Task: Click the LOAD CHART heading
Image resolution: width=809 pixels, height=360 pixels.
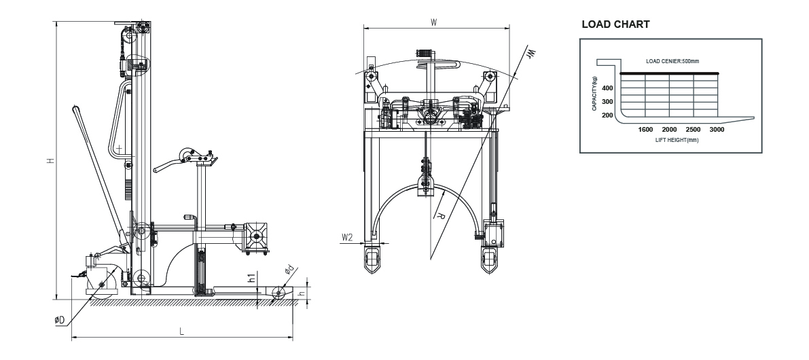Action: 615,24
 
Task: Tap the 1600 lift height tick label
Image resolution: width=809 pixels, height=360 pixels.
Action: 645,130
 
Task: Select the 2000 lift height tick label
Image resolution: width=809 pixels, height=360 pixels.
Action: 669,130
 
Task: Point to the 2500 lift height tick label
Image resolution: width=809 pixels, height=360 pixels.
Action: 693,130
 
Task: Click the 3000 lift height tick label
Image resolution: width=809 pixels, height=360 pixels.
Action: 717,130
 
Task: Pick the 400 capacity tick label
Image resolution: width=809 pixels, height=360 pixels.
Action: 607,88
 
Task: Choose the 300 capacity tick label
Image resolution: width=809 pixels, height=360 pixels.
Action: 607,102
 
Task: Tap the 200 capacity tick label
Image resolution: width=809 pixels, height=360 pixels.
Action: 607,115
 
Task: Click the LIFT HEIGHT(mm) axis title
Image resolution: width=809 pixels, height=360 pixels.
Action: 677,140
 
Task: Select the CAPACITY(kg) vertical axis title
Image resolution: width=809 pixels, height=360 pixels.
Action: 594,93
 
